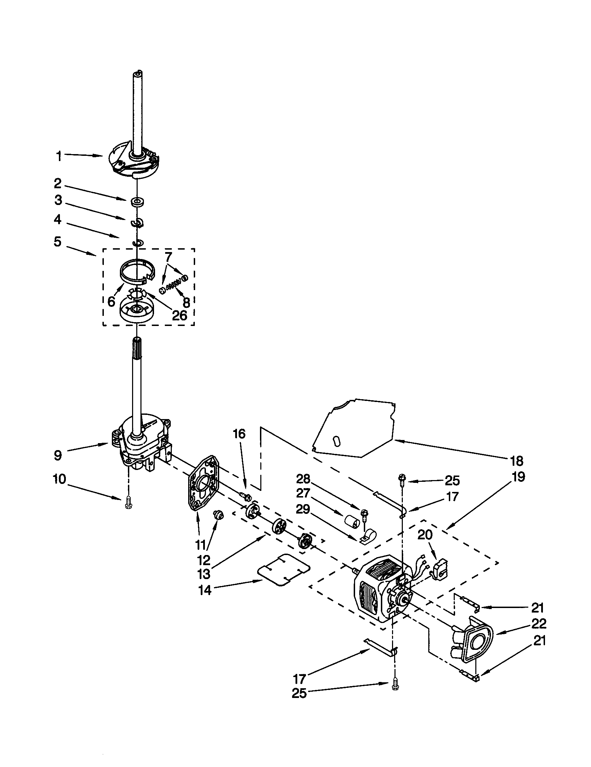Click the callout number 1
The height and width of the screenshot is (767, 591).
point(59,156)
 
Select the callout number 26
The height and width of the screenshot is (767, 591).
point(179,316)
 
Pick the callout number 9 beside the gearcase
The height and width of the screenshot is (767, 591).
point(58,456)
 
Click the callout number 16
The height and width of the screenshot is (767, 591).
point(239,434)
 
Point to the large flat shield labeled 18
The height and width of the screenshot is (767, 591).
point(354,427)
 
